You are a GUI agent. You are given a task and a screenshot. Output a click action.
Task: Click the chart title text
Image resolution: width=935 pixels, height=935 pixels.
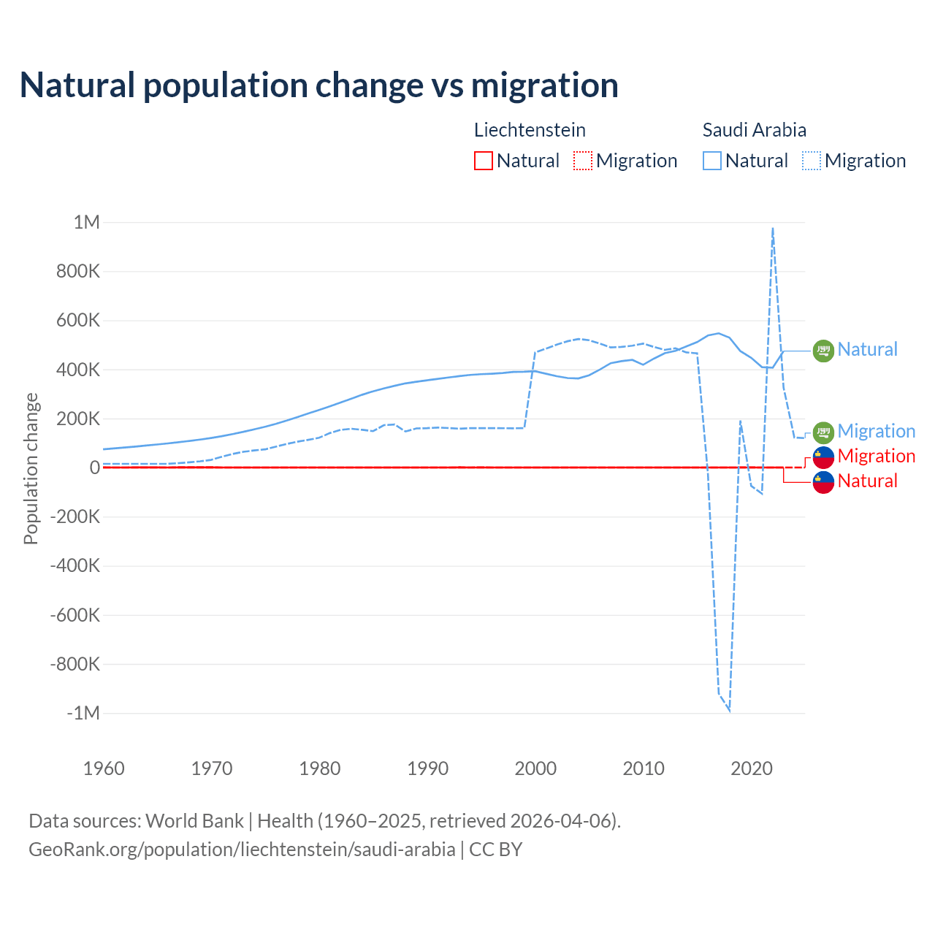(319, 85)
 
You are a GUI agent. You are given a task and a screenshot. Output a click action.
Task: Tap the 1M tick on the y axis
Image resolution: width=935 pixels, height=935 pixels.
(87, 222)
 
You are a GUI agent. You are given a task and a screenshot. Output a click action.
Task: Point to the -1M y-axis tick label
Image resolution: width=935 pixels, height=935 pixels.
(83, 713)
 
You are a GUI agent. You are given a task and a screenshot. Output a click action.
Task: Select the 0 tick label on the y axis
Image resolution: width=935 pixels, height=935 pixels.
(95, 467)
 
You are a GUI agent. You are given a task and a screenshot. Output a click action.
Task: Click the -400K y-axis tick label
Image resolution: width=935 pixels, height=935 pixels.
(75, 565)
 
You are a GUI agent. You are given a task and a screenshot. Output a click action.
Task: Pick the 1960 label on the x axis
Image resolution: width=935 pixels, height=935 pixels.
(104, 768)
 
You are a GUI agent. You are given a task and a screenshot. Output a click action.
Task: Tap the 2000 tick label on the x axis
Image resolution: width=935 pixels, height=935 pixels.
(535, 768)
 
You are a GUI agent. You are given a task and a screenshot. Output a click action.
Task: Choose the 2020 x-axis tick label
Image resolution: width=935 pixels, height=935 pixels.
(752, 768)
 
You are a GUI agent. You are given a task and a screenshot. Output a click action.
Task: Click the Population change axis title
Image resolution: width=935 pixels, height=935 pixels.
(31, 468)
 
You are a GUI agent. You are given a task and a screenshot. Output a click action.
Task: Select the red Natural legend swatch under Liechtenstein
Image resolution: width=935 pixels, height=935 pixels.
(484, 161)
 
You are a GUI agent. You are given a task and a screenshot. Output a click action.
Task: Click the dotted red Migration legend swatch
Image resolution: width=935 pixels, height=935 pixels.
(583, 161)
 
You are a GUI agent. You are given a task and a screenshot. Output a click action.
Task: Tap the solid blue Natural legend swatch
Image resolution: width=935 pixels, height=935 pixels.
(712, 161)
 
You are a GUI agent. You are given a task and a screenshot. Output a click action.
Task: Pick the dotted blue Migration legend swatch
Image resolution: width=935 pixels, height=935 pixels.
(812, 161)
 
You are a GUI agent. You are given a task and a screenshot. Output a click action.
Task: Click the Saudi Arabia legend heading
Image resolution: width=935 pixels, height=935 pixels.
(755, 130)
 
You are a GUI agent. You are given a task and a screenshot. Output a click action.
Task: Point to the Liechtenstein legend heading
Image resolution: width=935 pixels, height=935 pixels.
(530, 130)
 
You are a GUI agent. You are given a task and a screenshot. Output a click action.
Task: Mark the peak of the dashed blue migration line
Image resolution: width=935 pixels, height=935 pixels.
(773, 229)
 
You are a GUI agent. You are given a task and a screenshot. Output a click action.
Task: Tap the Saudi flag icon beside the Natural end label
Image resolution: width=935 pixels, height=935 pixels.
(823, 351)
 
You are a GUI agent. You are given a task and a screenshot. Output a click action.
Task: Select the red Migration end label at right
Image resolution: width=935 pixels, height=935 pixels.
(877, 456)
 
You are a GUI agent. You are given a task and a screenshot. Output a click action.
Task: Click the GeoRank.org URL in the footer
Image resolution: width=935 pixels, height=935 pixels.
(242, 850)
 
